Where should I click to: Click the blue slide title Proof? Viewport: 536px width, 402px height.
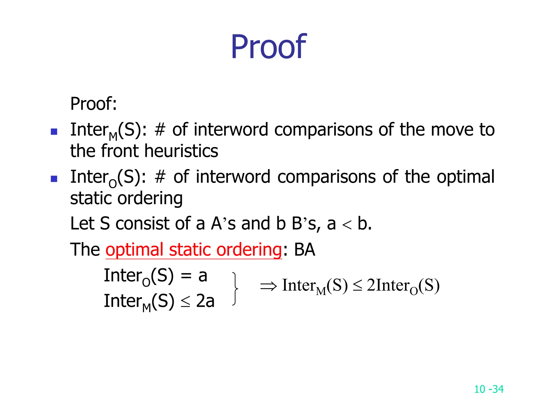[268, 47]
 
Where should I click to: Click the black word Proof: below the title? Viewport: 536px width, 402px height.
[93, 104]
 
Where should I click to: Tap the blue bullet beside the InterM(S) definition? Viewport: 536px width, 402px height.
[54, 131]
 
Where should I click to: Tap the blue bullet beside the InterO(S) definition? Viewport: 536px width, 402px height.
[54, 179]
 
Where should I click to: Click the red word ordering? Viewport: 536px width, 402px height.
[249, 250]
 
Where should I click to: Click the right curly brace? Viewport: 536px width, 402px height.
[235, 289]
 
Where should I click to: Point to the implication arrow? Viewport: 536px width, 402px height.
[268, 286]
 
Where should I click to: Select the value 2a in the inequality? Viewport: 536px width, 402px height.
[205, 301]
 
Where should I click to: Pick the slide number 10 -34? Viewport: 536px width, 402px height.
[489, 389]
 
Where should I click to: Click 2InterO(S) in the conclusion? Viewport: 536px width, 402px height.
[403, 286]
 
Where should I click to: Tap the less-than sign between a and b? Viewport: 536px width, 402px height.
[347, 225]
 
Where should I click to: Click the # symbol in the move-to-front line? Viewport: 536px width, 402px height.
[160, 130]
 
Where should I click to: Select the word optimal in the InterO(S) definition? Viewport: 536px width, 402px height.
[466, 177]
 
